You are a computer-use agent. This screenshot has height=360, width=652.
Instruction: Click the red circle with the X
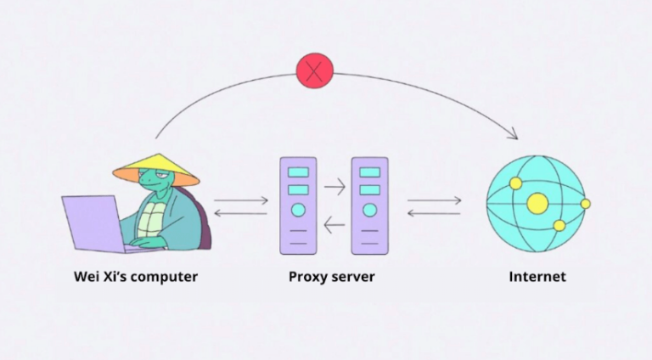(x=314, y=70)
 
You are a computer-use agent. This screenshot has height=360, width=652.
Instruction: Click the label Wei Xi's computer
(x=137, y=277)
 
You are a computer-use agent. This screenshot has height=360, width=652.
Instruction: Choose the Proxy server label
(x=331, y=277)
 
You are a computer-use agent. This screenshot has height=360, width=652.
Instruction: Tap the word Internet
(x=537, y=277)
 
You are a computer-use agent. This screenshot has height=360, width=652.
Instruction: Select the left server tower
(x=298, y=205)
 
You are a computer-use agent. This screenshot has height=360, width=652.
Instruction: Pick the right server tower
(x=369, y=205)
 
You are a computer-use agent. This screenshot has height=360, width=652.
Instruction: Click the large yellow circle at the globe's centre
(x=537, y=203)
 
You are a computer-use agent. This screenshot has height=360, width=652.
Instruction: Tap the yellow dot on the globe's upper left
(x=515, y=183)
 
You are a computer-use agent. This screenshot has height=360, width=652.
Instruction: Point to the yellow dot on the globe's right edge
(x=585, y=204)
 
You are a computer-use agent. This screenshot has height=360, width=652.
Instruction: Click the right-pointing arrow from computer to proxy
(x=242, y=201)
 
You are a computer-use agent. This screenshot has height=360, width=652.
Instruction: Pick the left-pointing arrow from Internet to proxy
(x=434, y=213)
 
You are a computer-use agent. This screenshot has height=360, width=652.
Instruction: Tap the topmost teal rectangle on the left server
(x=298, y=172)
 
